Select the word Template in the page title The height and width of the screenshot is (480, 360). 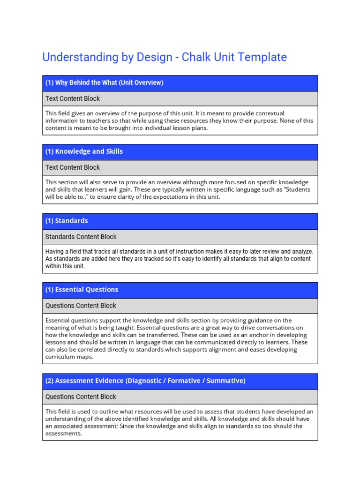point(263,57)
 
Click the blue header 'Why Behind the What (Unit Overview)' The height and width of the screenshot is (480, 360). point(104,83)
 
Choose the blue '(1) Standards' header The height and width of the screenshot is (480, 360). point(67,221)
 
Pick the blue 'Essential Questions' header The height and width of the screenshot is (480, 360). point(82,290)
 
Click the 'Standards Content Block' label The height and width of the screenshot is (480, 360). point(81,237)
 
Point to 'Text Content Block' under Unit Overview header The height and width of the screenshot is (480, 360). point(73,99)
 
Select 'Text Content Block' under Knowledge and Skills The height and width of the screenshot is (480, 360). point(73,168)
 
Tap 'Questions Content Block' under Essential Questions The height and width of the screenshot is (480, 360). point(81,306)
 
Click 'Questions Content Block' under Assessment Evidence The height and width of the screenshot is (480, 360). point(81,397)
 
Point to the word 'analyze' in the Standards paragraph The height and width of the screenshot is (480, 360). point(301,252)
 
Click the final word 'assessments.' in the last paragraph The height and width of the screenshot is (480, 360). point(64,434)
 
